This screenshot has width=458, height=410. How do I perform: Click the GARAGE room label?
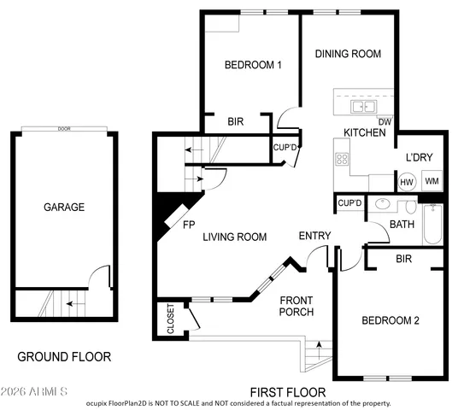pos(64,207)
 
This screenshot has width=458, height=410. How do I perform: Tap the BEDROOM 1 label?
pos(253,65)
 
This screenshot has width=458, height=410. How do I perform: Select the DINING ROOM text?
pos(347,54)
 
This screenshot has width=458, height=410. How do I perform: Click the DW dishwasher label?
pos(385,121)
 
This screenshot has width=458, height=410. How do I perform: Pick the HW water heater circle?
pos(408,181)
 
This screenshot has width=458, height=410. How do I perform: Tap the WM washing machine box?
pos(432,181)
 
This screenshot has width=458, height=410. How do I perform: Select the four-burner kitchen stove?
pos(342,158)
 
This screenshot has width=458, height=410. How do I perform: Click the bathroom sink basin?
pos(384,206)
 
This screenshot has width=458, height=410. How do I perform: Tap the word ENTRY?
pos(314,236)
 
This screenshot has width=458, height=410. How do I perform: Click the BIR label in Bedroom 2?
pos(405,257)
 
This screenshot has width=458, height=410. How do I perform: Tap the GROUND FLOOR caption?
pos(64,356)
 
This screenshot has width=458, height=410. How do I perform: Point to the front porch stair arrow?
pos(320,348)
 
